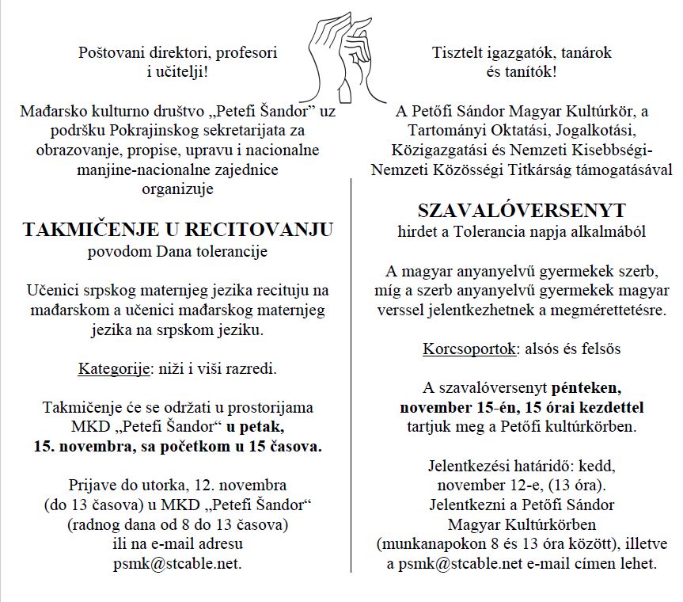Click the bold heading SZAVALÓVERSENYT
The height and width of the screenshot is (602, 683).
[522, 211]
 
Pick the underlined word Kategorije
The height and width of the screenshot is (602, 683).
[110, 369]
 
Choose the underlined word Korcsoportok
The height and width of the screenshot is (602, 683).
[465, 349]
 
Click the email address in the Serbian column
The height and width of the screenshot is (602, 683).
[178, 563]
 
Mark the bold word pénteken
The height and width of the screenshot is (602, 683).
[586, 388]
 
